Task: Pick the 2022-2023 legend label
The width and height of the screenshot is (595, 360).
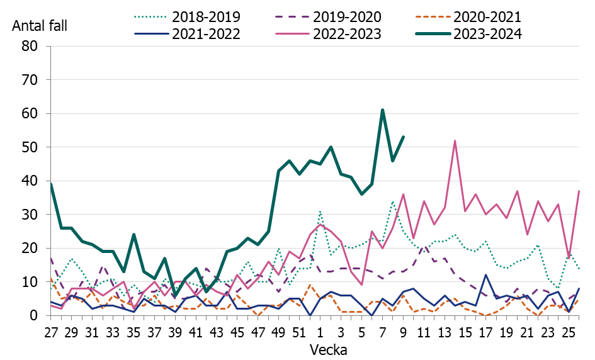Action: point(347,35)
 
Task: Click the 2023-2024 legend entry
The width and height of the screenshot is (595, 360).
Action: point(487,35)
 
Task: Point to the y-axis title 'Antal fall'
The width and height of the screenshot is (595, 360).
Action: point(39,26)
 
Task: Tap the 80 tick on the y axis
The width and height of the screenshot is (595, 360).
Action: point(30,47)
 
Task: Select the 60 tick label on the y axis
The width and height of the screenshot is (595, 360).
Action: point(30,114)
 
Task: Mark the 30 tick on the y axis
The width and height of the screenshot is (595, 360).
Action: point(30,215)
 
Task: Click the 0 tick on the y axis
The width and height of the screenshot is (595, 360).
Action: point(34,316)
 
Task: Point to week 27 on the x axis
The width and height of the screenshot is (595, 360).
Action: point(50,330)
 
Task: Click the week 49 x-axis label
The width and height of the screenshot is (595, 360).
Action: point(278,330)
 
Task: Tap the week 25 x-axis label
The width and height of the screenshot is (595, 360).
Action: point(569,330)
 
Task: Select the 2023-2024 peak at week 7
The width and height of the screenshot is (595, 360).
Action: point(382,110)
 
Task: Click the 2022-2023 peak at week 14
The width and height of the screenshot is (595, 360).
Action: point(455,141)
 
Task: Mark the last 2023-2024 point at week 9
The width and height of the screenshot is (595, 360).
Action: point(403,137)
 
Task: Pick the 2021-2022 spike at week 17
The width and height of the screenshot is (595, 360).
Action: point(485,275)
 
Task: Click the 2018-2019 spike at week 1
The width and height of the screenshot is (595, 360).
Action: point(320,211)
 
